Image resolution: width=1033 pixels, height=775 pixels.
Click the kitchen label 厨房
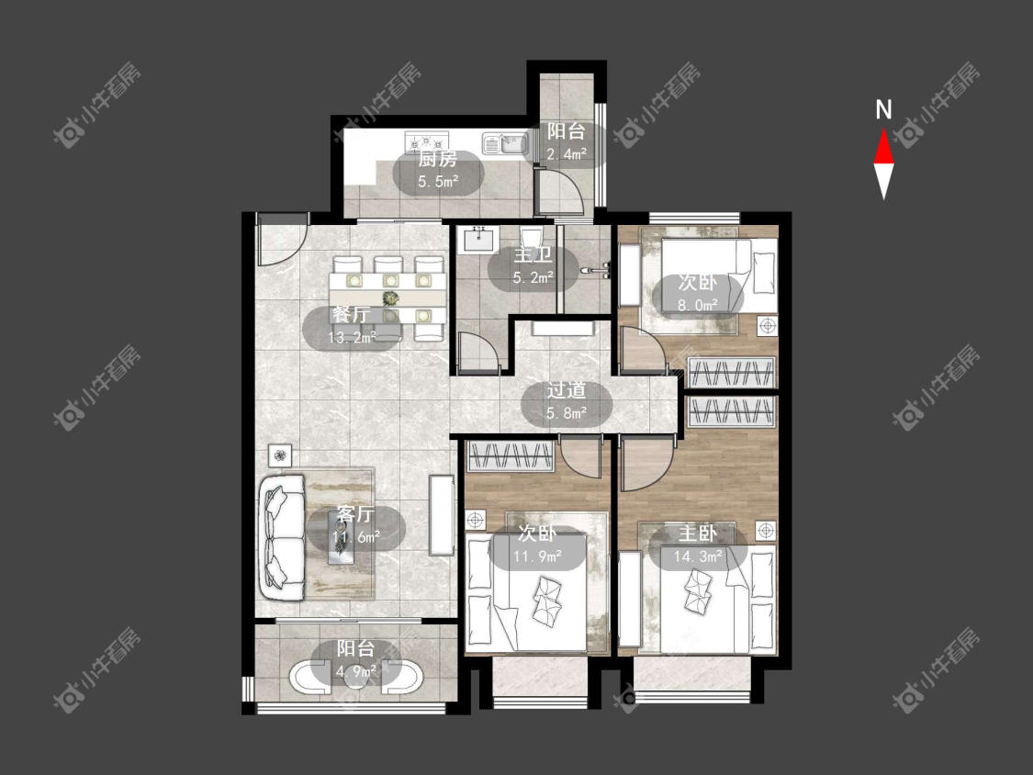tap(438, 160)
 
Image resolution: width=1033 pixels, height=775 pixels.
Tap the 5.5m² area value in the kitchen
tap(438, 181)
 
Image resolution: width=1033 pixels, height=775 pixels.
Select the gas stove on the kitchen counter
tap(426, 140)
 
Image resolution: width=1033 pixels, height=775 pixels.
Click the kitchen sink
tap(505, 143)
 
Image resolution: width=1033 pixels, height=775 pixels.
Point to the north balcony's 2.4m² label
tap(567, 153)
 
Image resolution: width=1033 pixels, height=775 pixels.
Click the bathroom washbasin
tap(478, 238)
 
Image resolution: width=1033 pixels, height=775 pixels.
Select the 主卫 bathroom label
tap(533, 255)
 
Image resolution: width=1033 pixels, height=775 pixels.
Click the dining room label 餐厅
tap(351, 314)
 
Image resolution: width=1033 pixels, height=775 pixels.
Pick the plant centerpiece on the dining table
tap(390, 298)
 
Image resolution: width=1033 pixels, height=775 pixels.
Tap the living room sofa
tap(284, 536)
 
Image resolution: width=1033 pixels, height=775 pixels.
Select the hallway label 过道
tap(567, 390)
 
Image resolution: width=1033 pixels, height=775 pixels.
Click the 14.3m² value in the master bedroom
tap(699, 556)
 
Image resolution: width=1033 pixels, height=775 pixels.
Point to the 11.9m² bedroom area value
tap(538, 556)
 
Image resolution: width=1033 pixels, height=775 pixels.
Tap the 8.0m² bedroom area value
tap(698, 305)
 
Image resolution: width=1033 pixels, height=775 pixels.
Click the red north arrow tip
tap(883, 129)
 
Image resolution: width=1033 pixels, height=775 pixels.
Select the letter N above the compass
tap(883, 109)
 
